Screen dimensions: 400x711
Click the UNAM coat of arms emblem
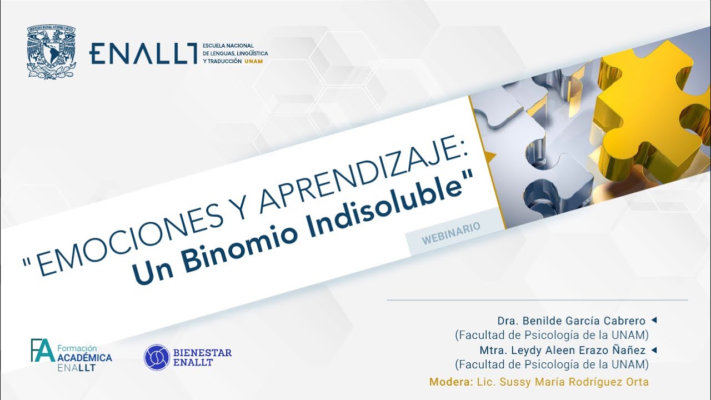tap(51, 52)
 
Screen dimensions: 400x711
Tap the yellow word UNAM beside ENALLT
tap(253, 61)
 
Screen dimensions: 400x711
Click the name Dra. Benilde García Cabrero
tap(571, 321)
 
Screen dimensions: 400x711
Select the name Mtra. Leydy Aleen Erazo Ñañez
tap(562, 351)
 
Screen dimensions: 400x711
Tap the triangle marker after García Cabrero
tap(654, 320)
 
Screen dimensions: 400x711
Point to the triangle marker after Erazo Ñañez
tap(654, 350)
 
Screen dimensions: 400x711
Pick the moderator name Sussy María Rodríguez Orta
tap(574, 382)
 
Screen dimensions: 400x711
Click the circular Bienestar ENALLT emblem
tap(156, 357)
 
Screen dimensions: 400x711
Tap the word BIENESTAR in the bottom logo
tap(202, 353)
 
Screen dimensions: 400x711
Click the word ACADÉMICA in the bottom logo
tap(84, 358)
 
